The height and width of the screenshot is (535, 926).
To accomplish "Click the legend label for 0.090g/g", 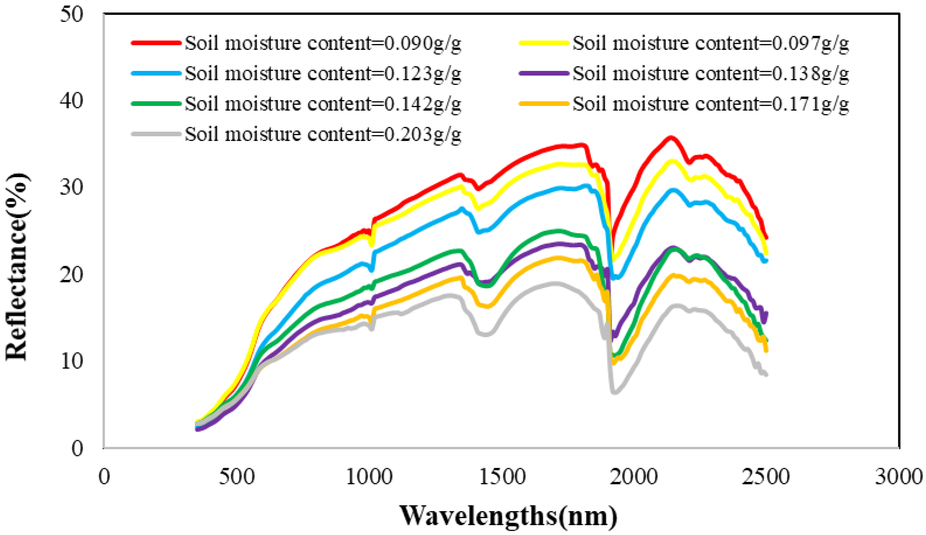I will [x=323, y=43].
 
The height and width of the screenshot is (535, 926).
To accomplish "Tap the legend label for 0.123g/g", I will [x=323, y=74].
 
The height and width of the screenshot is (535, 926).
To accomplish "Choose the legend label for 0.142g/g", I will [x=323, y=104].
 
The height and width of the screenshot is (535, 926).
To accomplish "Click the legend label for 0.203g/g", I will [x=323, y=134].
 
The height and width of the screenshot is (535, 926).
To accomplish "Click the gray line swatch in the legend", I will [x=156, y=134].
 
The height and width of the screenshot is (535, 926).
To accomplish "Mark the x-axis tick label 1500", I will [x=502, y=477].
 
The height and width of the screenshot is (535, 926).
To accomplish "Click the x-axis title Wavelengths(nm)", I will [x=509, y=516].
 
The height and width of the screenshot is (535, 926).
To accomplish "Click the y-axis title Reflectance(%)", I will [x=17, y=267].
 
